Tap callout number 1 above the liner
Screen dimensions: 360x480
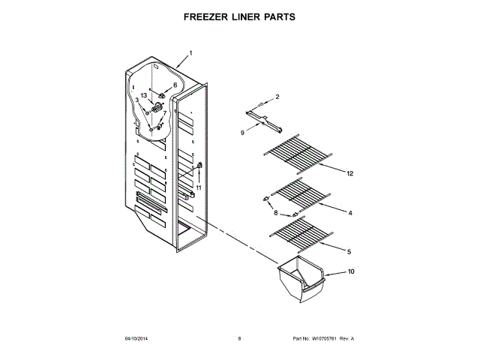tap(190, 53)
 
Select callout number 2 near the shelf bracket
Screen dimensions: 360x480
tap(277, 97)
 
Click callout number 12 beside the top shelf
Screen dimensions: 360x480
tap(349, 173)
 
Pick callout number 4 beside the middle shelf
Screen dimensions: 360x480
tap(349, 213)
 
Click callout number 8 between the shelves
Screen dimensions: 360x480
tap(274, 213)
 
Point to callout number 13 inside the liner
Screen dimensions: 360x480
tap(145, 95)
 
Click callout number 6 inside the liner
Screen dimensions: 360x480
tap(175, 85)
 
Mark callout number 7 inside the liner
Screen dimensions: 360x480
tap(175, 113)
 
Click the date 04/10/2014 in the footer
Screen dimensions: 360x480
tap(137, 338)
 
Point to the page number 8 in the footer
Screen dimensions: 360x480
tap(239, 338)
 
